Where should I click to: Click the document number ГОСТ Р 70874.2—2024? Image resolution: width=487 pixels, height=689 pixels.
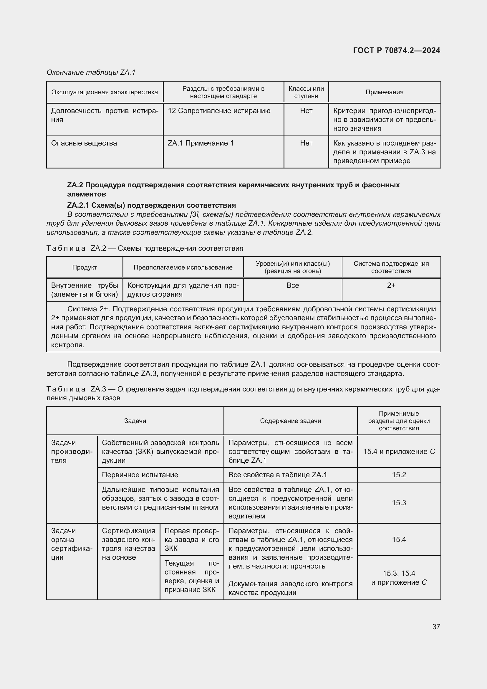click(x=396, y=50)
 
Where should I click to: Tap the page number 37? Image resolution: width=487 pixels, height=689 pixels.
click(x=436, y=627)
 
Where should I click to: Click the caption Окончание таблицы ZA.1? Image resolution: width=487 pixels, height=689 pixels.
click(x=91, y=72)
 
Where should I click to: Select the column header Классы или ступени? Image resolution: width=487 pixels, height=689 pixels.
click(x=306, y=92)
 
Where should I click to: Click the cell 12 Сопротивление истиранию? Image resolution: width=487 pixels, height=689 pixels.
click(x=219, y=111)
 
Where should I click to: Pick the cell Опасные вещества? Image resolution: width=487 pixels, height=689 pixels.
click(x=84, y=143)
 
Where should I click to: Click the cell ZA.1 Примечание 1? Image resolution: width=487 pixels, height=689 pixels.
click(x=200, y=143)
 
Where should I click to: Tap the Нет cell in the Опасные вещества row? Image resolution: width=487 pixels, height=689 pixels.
click(x=306, y=143)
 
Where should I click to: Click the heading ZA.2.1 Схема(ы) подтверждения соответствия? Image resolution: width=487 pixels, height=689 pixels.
click(x=151, y=205)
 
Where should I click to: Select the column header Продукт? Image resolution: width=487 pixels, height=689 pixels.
click(x=84, y=267)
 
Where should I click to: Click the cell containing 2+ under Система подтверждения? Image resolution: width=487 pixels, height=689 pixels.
click(x=391, y=285)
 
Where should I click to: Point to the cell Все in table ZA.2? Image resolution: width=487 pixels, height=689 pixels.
click(x=292, y=285)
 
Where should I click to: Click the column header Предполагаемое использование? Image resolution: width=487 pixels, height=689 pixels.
click(x=183, y=267)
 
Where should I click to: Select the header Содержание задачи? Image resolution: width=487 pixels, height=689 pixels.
click(x=290, y=421)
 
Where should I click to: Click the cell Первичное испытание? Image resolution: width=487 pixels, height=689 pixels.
click(x=140, y=475)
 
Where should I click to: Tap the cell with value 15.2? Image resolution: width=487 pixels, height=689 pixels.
click(x=399, y=475)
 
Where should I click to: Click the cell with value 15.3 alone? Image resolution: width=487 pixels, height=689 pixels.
click(x=399, y=503)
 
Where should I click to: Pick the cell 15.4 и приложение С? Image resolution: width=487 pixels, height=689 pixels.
click(x=399, y=452)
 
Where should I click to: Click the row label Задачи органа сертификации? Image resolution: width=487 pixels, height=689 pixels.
click(x=72, y=544)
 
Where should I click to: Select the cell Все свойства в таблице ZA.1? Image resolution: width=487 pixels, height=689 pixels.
click(x=278, y=475)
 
